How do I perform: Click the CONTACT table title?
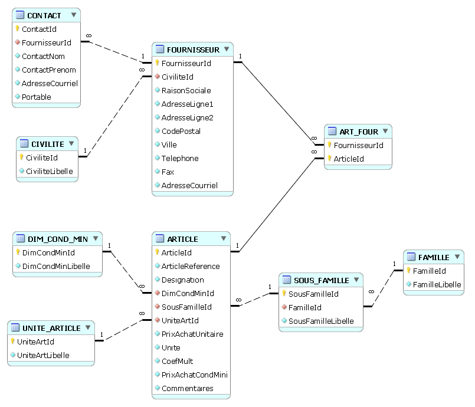click(44, 15)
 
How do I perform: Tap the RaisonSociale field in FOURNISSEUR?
click(186, 90)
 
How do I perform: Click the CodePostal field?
click(181, 131)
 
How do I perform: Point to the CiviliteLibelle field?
click(50, 171)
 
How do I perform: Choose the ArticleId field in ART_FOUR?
click(349, 159)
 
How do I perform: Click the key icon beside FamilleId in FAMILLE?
click(409, 271)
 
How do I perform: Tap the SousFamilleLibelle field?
click(321, 321)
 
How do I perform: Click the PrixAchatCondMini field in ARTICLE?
click(195, 375)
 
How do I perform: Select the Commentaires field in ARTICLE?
click(187, 388)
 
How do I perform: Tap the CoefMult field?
click(177, 361)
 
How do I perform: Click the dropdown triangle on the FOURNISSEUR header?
click(227, 50)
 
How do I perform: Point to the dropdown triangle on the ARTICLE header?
click(224, 238)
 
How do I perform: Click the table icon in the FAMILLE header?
click(411, 257)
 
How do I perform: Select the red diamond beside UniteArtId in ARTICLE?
click(157, 320)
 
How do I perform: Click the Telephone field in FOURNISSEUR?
click(180, 158)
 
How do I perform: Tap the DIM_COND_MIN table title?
click(57, 239)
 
